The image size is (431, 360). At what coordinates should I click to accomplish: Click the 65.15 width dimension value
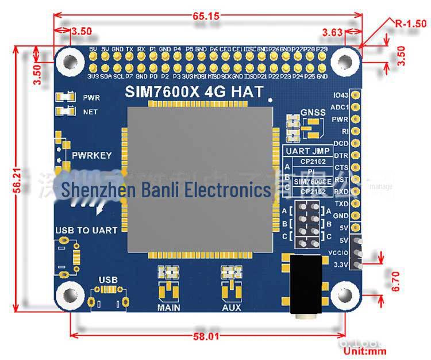pos(206,16)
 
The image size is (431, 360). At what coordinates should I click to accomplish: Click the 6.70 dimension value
pos(395,281)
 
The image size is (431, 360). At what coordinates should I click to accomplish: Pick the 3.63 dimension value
pos(333,31)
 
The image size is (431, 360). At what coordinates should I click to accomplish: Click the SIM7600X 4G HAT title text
pos(194,91)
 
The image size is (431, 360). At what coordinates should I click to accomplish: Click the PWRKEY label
pos(92,155)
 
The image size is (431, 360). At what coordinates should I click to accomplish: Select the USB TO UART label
pos(86,230)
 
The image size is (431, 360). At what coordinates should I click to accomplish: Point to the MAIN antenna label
pos(168,308)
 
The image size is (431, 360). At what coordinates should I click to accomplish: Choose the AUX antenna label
pos(232,308)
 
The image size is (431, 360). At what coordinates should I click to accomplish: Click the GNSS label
pos(313,113)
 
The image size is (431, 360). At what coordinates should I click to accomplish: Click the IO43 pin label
pos(341,94)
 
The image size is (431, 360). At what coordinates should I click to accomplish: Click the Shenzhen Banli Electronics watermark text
pos(166,189)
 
